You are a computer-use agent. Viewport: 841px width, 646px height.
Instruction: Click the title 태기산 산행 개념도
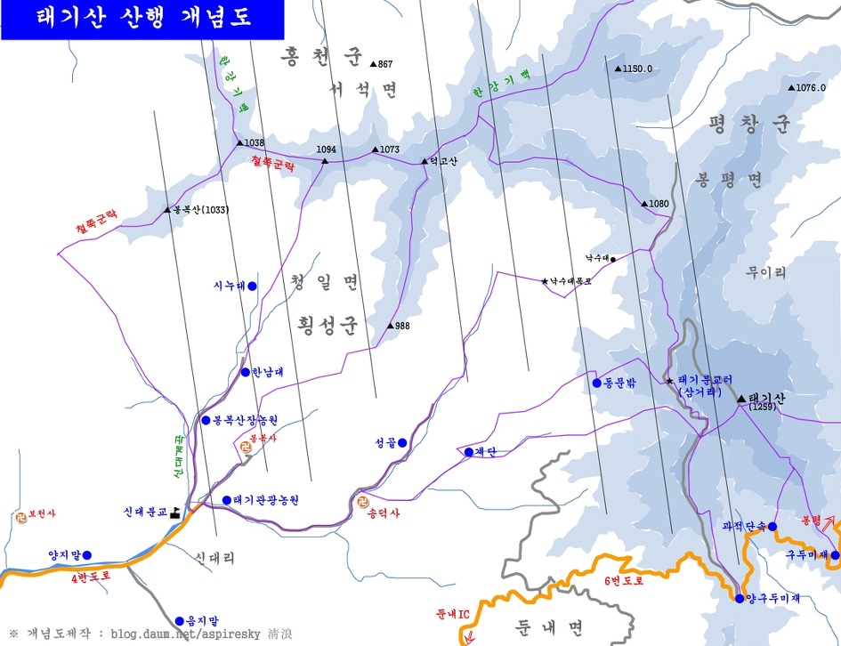(x=142, y=18)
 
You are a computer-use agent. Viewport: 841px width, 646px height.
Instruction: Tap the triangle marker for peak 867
(x=374, y=64)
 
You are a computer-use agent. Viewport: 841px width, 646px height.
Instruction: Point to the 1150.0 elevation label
(x=638, y=69)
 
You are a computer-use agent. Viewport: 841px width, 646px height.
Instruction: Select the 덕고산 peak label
(x=442, y=161)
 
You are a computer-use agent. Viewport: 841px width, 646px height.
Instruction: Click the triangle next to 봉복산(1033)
(x=167, y=210)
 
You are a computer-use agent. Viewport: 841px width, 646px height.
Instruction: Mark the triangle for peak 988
(x=390, y=326)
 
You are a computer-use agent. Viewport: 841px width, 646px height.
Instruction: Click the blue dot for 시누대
(x=252, y=286)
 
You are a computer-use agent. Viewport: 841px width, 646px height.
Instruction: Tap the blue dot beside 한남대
(x=245, y=372)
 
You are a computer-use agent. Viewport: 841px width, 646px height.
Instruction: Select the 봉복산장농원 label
(x=246, y=420)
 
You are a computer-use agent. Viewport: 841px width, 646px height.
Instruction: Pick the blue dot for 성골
(x=402, y=442)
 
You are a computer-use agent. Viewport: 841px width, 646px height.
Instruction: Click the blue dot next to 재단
(x=468, y=452)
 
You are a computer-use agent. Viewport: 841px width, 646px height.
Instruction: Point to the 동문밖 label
(x=620, y=384)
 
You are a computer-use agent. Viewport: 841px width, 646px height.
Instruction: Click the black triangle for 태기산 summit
(x=741, y=399)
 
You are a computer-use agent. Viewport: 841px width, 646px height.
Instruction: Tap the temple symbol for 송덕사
(x=360, y=502)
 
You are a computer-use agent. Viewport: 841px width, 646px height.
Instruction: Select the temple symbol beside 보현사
(x=21, y=514)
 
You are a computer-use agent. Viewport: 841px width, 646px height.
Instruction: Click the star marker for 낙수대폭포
(x=545, y=281)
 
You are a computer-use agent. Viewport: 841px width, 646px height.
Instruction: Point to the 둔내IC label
(x=452, y=614)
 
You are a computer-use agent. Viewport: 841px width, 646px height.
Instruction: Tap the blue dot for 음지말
(x=179, y=621)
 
